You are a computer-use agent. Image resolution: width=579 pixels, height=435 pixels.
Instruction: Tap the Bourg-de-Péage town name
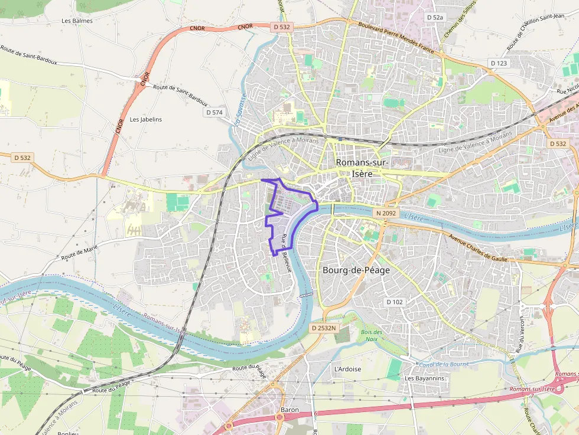pos(356,270)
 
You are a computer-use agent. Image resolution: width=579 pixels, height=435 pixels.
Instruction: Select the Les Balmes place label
pos(77,21)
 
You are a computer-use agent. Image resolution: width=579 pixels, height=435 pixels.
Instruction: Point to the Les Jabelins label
pos(146,119)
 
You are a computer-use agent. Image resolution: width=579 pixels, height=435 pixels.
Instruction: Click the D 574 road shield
pos(214,112)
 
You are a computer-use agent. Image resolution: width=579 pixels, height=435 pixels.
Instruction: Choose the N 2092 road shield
pos(385,212)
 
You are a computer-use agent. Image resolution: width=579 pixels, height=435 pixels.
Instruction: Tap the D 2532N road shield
pos(323,328)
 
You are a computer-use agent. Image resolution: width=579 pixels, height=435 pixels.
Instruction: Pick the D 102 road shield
pos(395,302)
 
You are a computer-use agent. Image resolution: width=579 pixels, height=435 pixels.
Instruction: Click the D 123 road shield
pos(498,63)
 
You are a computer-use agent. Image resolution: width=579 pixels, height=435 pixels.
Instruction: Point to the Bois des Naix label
pos(371,335)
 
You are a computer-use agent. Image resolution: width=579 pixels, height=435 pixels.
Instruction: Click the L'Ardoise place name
pos(347,369)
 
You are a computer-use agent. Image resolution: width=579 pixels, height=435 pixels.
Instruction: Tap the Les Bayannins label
pos(424,378)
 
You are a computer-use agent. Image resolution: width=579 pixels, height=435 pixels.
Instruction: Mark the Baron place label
pos(289,410)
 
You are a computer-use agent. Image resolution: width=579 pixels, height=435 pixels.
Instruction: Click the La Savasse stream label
pos(240,110)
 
